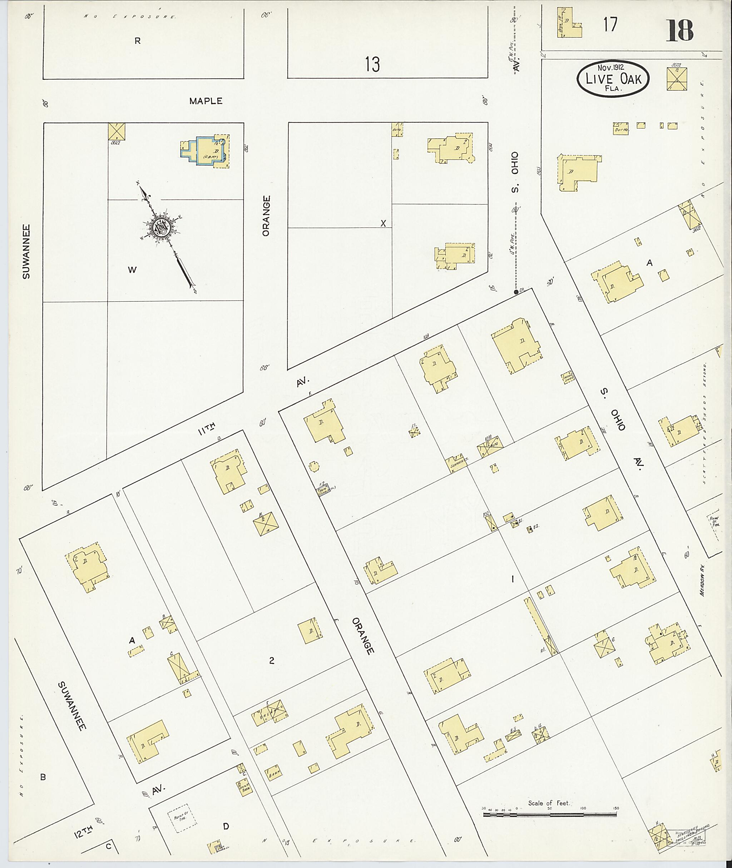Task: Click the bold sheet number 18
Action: coord(680,30)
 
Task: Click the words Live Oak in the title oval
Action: coord(613,79)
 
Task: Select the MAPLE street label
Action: coord(206,101)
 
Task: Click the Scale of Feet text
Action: coord(549,803)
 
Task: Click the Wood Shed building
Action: coord(568,377)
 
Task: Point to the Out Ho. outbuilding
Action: coord(621,129)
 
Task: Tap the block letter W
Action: coord(132,270)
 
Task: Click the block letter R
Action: coord(137,41)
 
